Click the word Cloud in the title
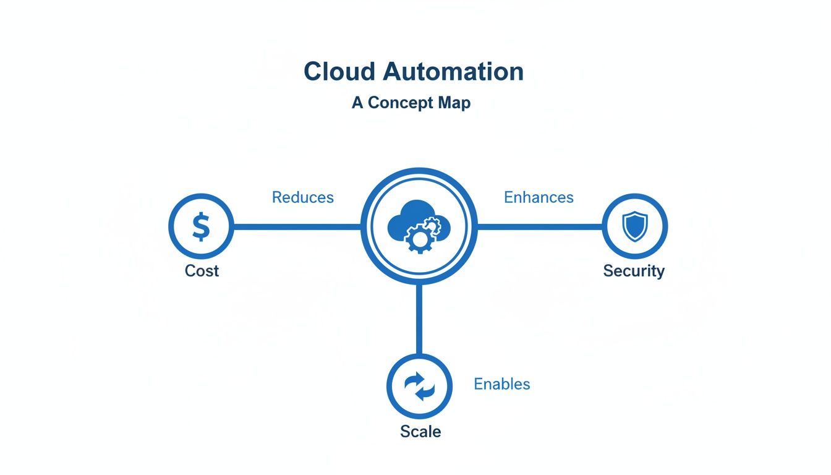339,72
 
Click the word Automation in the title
453,72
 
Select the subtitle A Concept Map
411,103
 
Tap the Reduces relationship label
302,197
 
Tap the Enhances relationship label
539,197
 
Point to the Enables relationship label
501,384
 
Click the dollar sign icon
201,226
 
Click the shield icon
634,226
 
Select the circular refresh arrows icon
419,387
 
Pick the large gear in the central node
419,239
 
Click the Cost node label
202,271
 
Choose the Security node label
634,271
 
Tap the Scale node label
420,432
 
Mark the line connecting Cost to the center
297,227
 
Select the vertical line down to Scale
419,319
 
